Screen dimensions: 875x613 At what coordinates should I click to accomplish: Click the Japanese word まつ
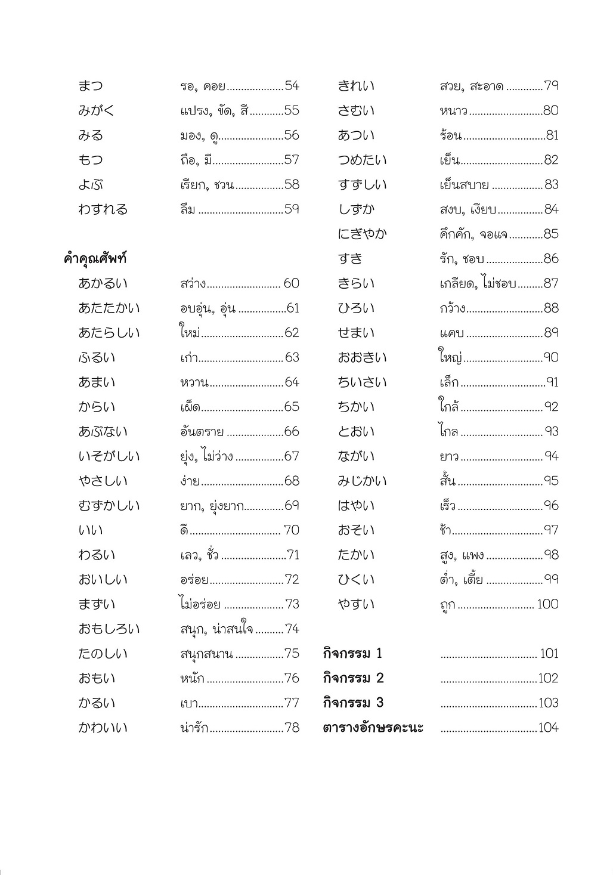coord(91,86)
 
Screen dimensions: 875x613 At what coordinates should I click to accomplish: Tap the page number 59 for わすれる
coord(292,209)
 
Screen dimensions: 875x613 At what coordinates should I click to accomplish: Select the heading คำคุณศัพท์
coord(95,259)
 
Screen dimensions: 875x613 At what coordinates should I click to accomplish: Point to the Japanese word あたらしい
coord(109,333)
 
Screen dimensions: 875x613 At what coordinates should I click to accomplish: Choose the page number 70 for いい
coord(292,530)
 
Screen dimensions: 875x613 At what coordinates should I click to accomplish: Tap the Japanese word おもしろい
coord(109,629)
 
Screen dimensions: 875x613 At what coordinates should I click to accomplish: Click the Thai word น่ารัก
coord(194,728)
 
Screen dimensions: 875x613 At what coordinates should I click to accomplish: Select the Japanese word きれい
coord(356,86)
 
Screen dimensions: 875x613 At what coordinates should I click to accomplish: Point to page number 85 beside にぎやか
coord(551,234)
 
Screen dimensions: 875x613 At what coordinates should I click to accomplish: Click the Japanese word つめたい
coord(362,160)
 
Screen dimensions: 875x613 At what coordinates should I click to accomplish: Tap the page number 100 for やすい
coord(547,604)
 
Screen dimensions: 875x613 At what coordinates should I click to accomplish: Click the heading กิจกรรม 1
coord(352,654)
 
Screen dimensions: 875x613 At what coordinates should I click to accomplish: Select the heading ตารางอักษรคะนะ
coord(373,728)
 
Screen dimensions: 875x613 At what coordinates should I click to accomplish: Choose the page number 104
coord(548,728)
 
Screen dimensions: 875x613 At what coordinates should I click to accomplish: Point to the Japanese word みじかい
coord(362,481)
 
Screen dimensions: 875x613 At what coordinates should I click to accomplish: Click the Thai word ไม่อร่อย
coord(200,604)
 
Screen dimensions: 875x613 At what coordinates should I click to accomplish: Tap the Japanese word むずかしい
coord(109,506)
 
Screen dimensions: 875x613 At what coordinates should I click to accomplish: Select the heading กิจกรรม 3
coord(353,703)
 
